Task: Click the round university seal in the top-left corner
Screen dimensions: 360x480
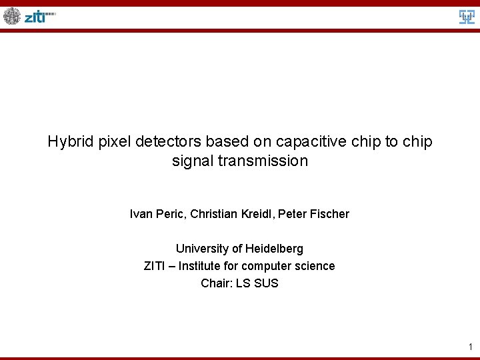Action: pyautogui.click(x=12, y=16)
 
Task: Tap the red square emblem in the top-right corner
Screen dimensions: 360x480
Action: pyautogui.click(x=467, y=17)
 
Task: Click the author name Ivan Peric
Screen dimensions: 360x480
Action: pyautogui.click(x=157, y=214)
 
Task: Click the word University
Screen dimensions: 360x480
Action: pyautogui.click(x=200, y=249)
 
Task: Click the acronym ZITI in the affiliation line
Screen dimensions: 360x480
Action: pyautogui.click(x=155, y=266)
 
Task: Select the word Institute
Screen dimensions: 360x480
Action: pyautogui.click(x=203, y=266)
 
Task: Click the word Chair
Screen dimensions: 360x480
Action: pyautogui.click(x=215, y=283)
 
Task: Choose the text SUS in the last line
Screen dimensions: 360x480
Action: pyautogui.click(x=267, y=283)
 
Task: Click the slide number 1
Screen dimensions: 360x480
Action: pyautogui.click(x=470, y=346)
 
